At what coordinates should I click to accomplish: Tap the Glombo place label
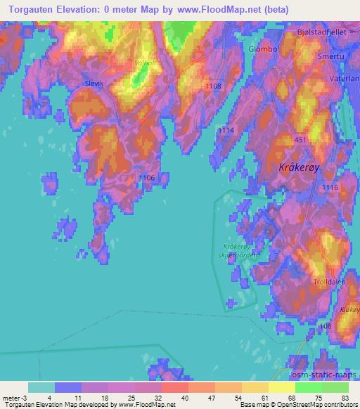(263, 49)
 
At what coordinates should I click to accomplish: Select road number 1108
(214, 86)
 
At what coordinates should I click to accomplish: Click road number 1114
(225, 131)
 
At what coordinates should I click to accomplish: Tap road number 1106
(146, 178)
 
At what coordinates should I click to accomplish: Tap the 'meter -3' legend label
(14, 398)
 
